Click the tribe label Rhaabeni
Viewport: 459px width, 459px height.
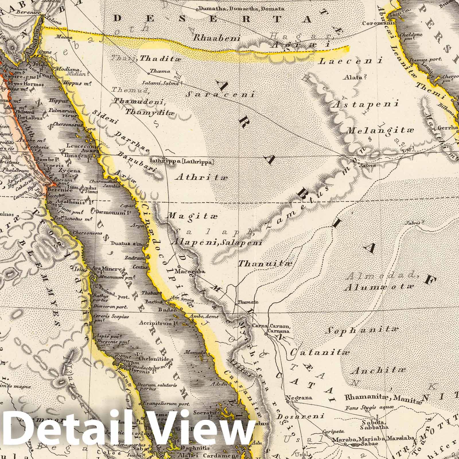click(216, 38)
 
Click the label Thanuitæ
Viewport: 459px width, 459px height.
click(265, 263)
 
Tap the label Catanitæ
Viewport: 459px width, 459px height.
click(320, 352)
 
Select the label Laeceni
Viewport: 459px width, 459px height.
click(351, 61)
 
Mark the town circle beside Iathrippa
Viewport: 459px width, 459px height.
click(164, 158)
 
